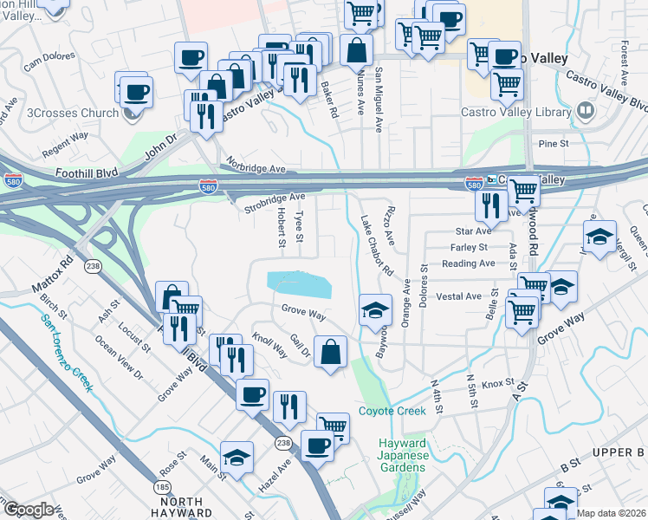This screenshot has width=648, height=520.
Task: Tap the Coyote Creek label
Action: click(x=392, y=411)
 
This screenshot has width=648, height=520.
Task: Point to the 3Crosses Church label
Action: click(x=73, y=113)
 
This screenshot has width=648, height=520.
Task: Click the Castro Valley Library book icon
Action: click(x=586, y=110)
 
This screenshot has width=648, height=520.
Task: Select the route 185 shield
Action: click(x=163, y=488)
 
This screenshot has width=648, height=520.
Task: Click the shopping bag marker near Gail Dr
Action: click(x=330, y=352)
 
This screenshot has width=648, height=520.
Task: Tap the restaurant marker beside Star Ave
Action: click(x=491, y=205)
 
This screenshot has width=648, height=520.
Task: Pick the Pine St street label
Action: click(x=552, y=142)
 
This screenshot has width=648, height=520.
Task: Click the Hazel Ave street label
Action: click(x=275, y=478)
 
